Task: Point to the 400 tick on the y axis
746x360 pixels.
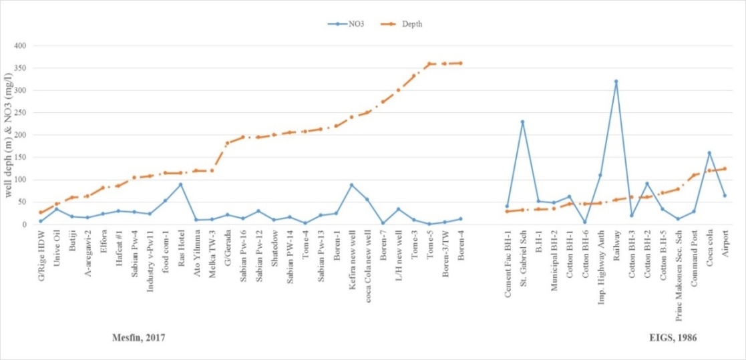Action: [x=30, y=45]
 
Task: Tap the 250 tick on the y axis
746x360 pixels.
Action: [x=30, y=113]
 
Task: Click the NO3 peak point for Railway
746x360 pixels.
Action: [x=616, y=81]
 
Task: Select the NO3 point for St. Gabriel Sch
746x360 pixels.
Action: [x=522, y=122]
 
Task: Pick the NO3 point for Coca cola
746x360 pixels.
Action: [x=709, y=153]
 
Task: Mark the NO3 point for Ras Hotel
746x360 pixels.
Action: [x=180, y=184]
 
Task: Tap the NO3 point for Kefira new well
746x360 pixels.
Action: [x=351, y=185]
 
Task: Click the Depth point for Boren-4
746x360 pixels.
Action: [x=460, y=63]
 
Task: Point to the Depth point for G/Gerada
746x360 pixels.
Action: [x=227, y=143]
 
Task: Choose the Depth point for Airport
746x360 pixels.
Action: [x=725, y=169]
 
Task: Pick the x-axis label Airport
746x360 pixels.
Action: [x=725, y=246]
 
